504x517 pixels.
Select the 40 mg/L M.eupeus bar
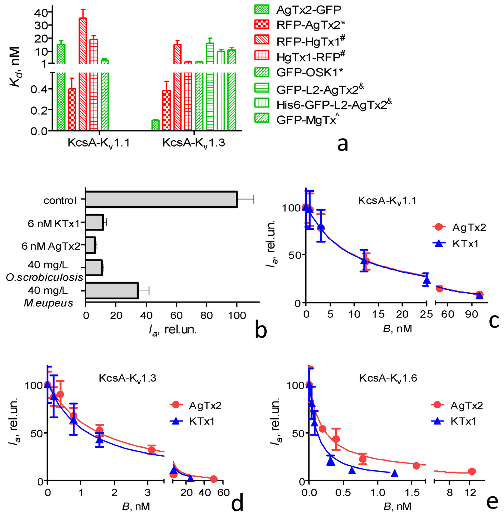[x=111, y=291]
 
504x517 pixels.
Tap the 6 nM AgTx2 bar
[x=90, y=245]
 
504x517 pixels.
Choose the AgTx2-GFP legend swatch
[x=262, y=9]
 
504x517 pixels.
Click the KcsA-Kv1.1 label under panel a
[x=98, y=143]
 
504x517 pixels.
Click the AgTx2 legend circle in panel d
[x=176, y=405]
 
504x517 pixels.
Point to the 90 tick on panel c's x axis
[x=472, y=314]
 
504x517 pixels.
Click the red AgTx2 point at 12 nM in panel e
[x=472, y=471]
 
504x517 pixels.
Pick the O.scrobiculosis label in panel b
[x=45, y=277]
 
